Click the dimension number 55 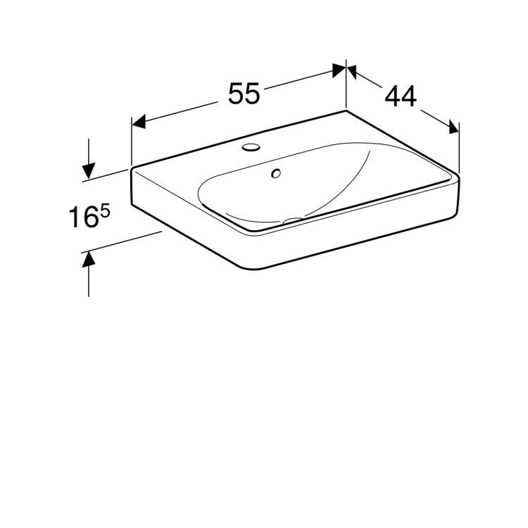pyautogui.click(x=245, y=94)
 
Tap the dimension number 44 pyautogui.click(x=400, y=96)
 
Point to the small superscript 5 pyautogui.click(x=105, y=210)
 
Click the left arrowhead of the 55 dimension pyautogui.click(x=139, y=122)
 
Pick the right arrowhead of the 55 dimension pyautogui.click(x=339, y=70)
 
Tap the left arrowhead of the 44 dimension pyautogui.click(x=354, y=72)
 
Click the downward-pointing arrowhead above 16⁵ pyautogui.click(x=89, y=170)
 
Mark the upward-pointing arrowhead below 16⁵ pyautogui.click(x=89, y=260)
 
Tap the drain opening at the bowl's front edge pyautogui.click(x=294, y=221)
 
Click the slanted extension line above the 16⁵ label pyautogui.click(x=106, y=175)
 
